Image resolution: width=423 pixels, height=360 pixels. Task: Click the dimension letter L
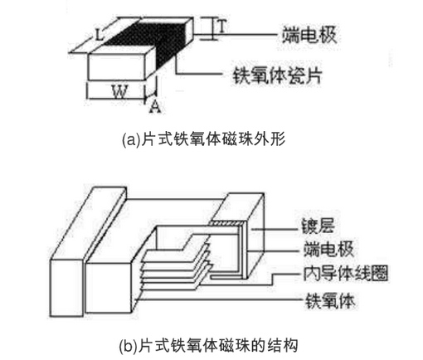pyautogui.click(x=99, y=36)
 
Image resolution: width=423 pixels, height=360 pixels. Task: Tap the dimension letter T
pyautogui.click(x=222, y=27)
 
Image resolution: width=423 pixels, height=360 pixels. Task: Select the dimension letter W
pyautogui.click(x=120, y=92)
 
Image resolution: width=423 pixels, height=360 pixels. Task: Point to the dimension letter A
pyautogui.click(x=155, y=106)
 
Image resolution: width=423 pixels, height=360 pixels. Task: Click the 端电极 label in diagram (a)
pyautogui.click(x=309, y=35)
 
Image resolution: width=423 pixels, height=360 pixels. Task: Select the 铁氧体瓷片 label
pyautogui.click(x=277, y=75)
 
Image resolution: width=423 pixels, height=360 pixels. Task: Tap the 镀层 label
pyautogui.click(x=318, y=226)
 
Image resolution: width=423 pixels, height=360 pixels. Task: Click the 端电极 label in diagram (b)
pyautogui.click(x=328, y=249)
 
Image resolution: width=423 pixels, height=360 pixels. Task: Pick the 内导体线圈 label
pyautogui.click(x=345, y=273)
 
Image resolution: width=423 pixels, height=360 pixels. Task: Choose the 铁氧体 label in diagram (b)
pyautogui.click(x=330, y=300)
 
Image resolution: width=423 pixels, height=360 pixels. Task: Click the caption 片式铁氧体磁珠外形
pyautogui.click(x=212, y=139)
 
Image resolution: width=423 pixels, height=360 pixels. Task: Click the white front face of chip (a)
pyautogui.click(x=117, y=67)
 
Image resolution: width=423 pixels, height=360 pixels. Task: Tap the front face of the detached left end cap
pyautogui.click(x=66, y=288)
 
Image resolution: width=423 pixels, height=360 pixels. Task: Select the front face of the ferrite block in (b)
pyautogui.click(x=108, y=288)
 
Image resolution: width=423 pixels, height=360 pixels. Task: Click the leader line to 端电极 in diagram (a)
pyautogui.click(x=236, y=35)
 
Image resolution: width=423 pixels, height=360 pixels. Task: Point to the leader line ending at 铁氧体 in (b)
pyautogui.click(x=219, y=299)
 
